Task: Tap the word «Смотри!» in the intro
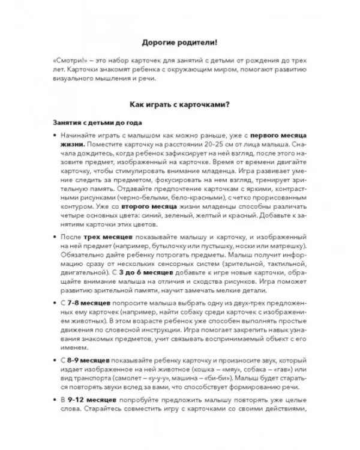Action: tap(69, 61)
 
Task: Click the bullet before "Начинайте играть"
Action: tap(55, 137)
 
